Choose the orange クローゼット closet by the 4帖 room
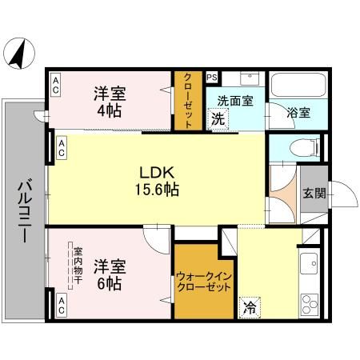(x=189, y=100)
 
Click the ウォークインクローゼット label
(x=203, y=282)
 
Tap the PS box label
(x=212, y=78)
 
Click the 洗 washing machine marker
(x=218, y=119)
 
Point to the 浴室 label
(x=298, y=113)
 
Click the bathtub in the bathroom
(x=297, y=86)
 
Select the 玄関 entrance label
(x=313, y=193)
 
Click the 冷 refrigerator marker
(x=250, y=306)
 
